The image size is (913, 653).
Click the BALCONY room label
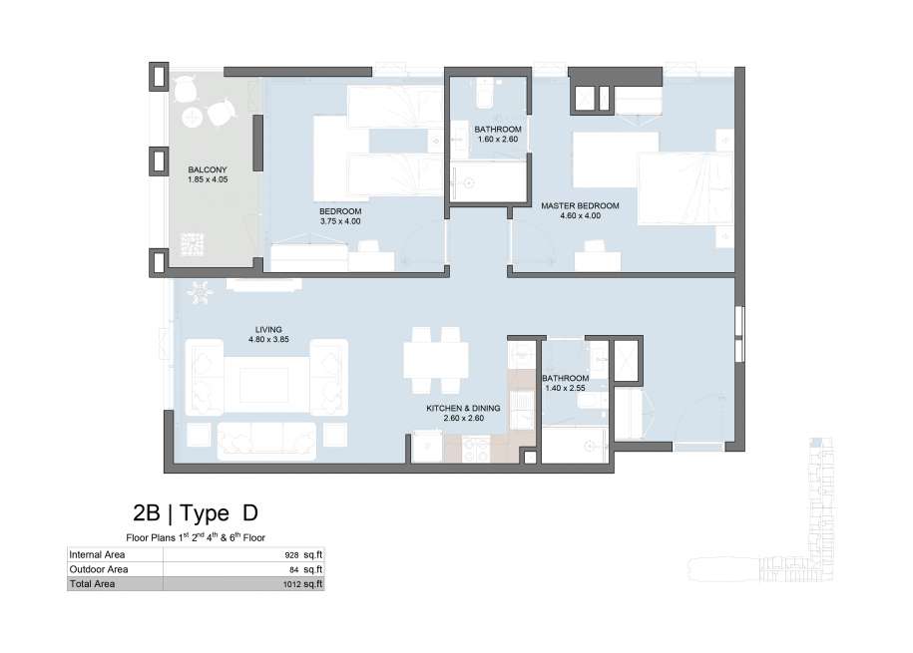(x=208, y=169)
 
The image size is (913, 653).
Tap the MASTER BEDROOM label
(x=580, y=206)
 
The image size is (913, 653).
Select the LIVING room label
(x=268, y=329)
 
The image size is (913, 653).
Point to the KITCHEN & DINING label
(x=464, y=409)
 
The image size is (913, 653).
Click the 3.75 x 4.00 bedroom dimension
(x=340, y=221)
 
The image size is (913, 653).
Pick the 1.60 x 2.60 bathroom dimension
(x=498, y=140)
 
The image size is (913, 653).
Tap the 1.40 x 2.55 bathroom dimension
(x=566, y=388)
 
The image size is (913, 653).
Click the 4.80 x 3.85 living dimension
(x=268, y=339)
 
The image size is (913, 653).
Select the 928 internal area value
(x=292, y=555)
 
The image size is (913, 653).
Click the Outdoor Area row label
(x=99, y=569)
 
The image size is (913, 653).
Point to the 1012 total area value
(x=291, y=584)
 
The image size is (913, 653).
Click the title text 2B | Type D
(x=196, y=512)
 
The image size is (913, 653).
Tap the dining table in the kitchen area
(x=436, y=360)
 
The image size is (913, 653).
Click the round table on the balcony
(x=193, y=119)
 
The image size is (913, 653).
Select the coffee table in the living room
(x=264, y=385)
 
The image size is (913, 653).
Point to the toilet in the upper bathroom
(x=485, y=94)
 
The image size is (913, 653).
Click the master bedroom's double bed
(x=685, y=188)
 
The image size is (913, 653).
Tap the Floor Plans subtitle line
(x=196, y=537)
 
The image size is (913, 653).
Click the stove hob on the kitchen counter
(x=476, y=450)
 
